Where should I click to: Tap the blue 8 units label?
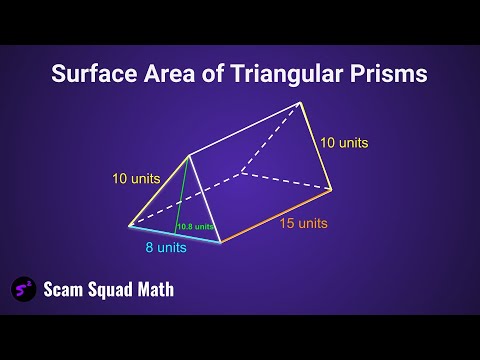[164, 247]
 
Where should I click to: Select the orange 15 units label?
[301, 222]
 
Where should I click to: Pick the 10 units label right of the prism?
[344, 143]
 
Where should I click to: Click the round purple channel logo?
[24, 289]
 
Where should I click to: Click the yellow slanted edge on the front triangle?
[158, 190]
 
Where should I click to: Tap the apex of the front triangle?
[188, 155]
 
